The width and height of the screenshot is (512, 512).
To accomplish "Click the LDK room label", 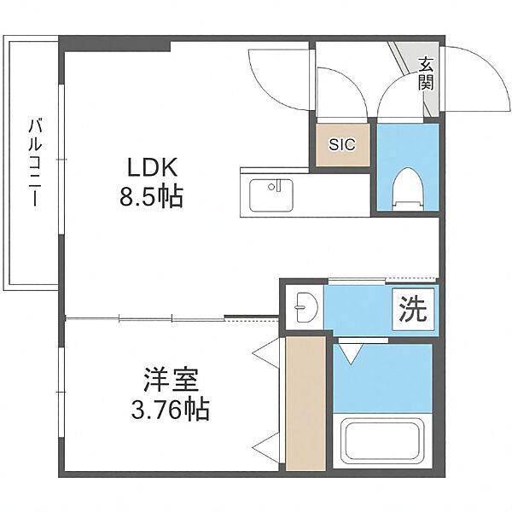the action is (152, 167).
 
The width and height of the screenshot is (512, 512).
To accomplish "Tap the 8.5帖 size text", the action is (151, 196).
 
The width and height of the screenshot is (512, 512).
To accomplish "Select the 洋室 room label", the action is (171, 380).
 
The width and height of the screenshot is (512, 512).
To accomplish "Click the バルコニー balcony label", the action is (35, 162).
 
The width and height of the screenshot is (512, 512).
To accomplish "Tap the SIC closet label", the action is (342, 144).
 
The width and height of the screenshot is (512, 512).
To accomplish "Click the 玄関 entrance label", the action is (426, 73).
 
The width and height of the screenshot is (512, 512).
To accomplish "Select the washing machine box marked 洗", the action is (413, 309).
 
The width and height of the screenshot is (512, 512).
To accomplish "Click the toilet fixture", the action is (408, 189).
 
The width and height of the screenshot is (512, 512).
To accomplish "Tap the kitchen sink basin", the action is (271, 195).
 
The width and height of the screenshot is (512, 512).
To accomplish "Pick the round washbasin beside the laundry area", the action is (305, 307).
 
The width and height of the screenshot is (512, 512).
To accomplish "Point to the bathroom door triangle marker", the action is (351, 353).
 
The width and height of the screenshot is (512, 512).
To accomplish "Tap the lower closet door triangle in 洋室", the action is (266, 447).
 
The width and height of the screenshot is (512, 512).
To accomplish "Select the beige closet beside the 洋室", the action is (305, 404).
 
